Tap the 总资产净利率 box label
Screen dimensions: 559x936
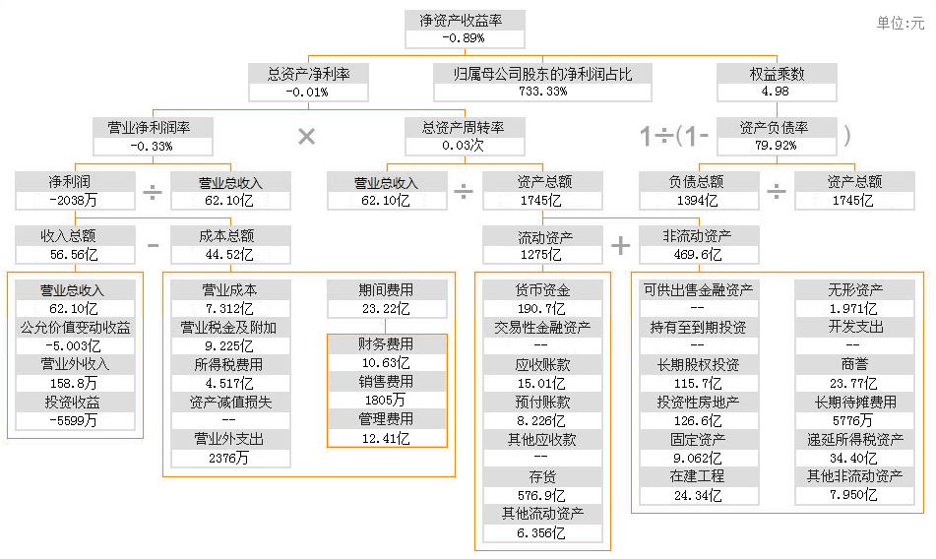click(x=308, y=73)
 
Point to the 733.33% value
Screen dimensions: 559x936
click(x=542, y=92)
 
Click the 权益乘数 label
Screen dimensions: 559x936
click(x=777, y=73)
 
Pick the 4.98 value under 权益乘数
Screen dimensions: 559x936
click(x=777, y=92)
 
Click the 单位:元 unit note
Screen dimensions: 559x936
click(x=901, y=24)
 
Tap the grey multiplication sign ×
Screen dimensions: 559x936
click(x=307, y=137)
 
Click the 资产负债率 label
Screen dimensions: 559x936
click(x=777, y=128)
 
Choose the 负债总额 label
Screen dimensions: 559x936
click(x=698, y=182)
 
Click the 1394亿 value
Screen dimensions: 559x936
click(x=698, y=201)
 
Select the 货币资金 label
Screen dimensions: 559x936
click(x=542, y=290)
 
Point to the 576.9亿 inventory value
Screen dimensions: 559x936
click(x=542, y=495)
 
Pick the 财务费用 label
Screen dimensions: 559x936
click(x=387, y=344)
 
